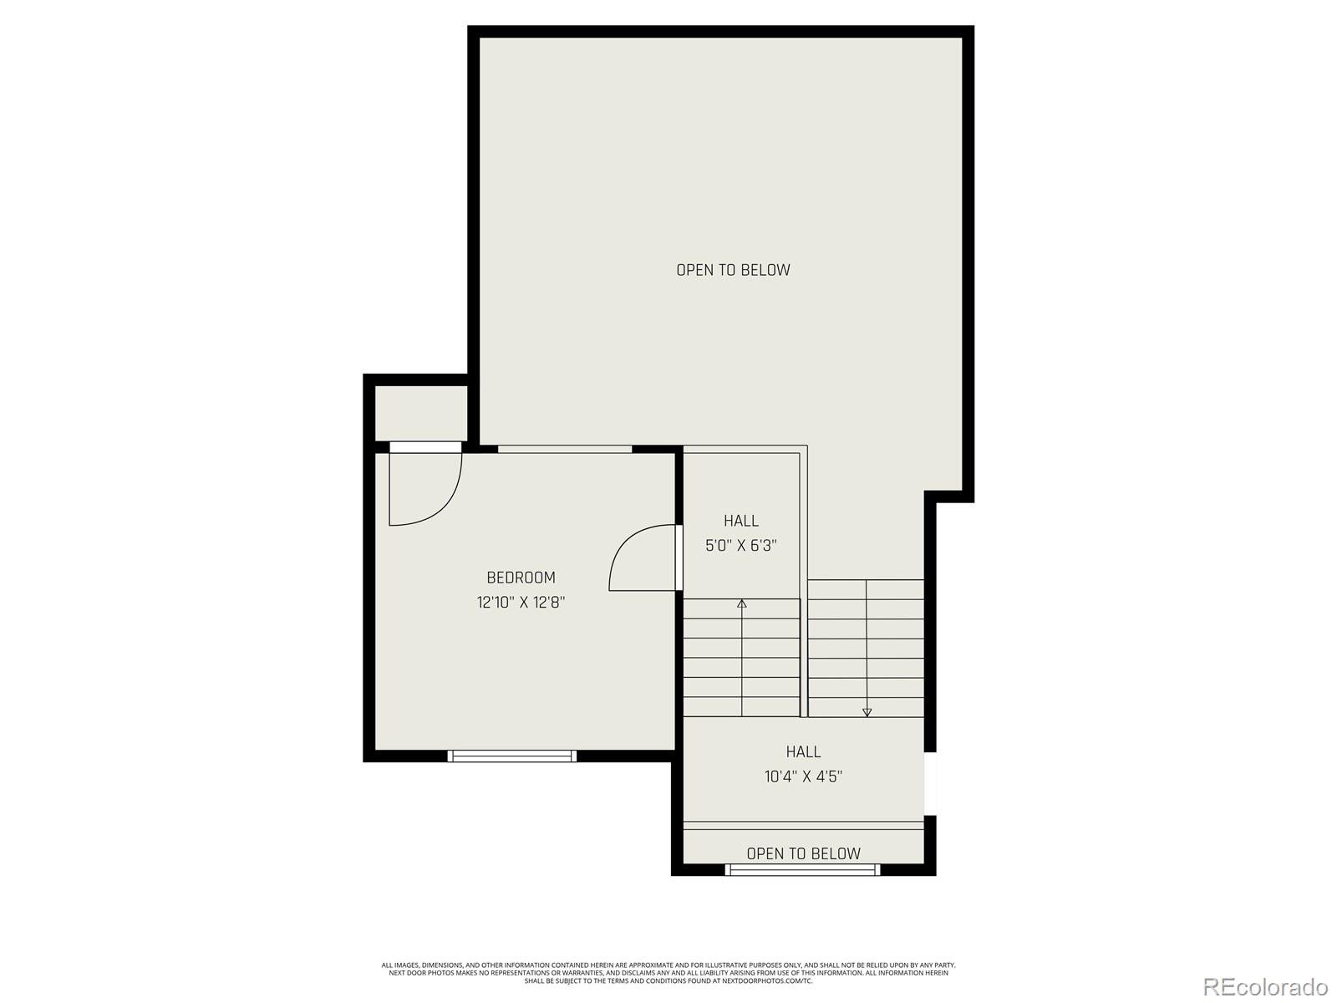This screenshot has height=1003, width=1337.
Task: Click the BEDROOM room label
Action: click(521, 578)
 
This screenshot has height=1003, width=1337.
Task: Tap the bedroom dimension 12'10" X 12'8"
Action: click(521, 602)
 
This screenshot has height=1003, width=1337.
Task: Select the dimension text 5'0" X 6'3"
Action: click(741, 546)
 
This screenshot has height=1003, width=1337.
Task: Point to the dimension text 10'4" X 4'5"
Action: click(803, 776)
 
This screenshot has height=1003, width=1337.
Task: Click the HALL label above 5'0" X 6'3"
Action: click(741, 521)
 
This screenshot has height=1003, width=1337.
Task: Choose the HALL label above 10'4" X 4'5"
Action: click(803, 751)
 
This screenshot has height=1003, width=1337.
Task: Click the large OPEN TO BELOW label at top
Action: click(733, 270)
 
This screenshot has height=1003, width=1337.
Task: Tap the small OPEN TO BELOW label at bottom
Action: click(803, 853)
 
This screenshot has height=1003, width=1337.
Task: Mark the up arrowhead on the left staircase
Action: click(742, 603)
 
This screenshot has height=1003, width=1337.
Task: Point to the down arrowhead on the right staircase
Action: click(867, 712)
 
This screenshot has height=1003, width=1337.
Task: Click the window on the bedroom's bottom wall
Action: click(512, 756)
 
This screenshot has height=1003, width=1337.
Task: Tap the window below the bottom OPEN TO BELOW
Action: click(802, 870)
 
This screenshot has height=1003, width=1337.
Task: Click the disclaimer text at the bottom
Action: click(668, 973)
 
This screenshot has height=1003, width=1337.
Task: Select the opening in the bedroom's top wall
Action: click(565, 449)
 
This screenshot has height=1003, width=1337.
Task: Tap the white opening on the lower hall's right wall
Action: click(930, 784)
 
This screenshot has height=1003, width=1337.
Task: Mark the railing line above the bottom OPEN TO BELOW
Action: click(803, 826)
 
